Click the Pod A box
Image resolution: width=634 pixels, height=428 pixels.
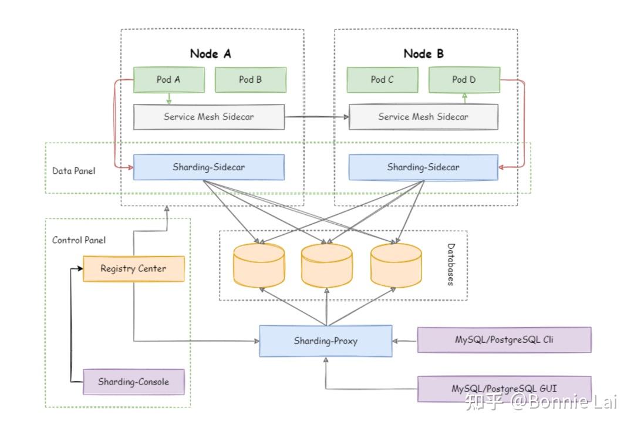coord(169,80)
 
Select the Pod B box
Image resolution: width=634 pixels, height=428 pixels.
coord(251,80)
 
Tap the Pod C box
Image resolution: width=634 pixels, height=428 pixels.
coord(382,80)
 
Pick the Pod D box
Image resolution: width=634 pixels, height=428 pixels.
coord(464,80)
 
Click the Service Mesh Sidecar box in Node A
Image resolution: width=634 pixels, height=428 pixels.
coord(209,117)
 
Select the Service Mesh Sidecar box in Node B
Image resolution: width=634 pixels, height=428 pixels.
coord(423,117)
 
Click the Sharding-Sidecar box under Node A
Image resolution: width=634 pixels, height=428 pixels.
coord(209,167)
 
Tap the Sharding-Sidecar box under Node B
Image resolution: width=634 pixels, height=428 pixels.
coord(423,167)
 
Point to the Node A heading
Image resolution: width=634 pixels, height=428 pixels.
coord(210,53)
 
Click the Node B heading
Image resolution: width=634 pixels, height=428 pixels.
coord(424,53)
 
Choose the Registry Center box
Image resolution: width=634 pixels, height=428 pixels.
coord(133,269)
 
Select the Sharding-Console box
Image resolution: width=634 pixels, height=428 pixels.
coord(133,382)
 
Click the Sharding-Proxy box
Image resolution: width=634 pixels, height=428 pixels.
coord(326,341)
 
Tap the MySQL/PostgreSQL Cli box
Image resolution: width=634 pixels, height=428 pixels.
coord(504,340)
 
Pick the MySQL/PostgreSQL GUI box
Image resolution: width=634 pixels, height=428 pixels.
coord(504,389)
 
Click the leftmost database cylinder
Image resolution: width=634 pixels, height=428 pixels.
coord(259,265)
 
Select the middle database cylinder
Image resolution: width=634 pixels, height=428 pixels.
coord(327,265)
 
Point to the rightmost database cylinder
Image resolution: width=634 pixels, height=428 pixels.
coord(396,265)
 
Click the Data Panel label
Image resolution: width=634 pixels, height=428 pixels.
coord(73,171)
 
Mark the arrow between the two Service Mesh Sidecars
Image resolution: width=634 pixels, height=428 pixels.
coord(316,117)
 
